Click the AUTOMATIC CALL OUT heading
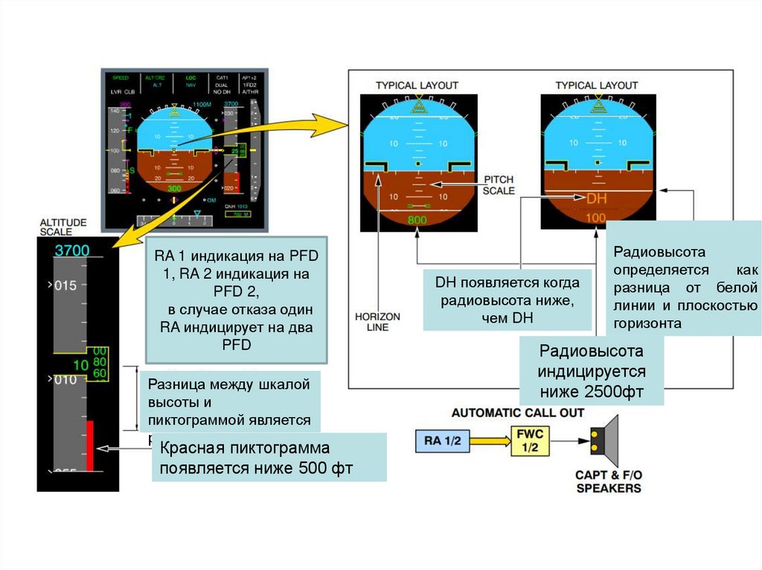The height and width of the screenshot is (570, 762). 518,413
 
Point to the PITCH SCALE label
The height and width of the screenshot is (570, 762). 499,185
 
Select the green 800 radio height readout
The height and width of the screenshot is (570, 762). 417,220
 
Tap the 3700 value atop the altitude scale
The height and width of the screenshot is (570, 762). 71,251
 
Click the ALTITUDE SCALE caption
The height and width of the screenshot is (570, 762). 63,227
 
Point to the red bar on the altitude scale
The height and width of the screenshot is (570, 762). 89,446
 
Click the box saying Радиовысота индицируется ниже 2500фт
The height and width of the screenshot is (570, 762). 592,372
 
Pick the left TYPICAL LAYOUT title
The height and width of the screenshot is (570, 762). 417,85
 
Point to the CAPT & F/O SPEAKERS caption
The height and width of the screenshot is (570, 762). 608,482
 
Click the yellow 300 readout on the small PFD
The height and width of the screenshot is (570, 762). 173,189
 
